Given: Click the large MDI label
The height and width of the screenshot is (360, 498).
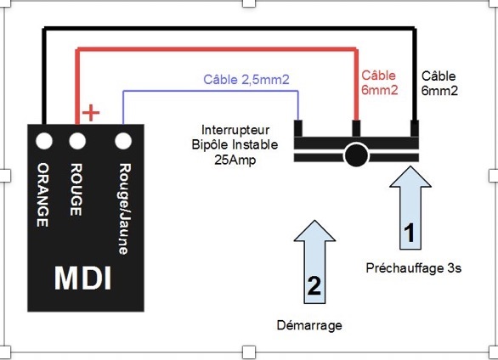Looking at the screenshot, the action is (x=83, y=278).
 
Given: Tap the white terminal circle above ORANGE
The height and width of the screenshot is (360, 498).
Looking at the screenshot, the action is (x=44, y=141).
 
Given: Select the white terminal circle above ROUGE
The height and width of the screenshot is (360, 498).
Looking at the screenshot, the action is (x=77, y=141).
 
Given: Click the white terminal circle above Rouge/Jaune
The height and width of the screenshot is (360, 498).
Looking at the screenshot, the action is (x=123, y=141).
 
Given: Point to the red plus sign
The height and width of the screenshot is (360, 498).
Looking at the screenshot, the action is (x=91, y=113).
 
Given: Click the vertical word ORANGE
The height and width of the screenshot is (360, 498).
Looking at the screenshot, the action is (x=42, y=195).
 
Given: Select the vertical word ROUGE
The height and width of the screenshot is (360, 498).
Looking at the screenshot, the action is (x=76, y=189).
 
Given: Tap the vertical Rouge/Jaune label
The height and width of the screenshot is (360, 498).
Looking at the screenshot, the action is (x=124, y=209).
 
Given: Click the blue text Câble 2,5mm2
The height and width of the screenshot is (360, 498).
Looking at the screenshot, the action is (x=246, y=80).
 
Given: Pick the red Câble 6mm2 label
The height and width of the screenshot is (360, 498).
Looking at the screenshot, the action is (x=379, y=83).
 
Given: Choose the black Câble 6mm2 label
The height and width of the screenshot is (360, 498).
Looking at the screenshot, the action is (x=439, y=83).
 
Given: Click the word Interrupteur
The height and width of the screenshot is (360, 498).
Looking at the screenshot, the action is (x=235, y=130).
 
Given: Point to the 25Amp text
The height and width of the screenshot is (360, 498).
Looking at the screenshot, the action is (x=235, y=160).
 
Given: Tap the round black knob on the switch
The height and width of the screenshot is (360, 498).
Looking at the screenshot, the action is (x=356, y=155).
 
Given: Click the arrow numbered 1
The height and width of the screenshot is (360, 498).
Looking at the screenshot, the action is (x=410, y=208).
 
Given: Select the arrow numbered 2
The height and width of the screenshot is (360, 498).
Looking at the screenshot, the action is (x=314, y=262).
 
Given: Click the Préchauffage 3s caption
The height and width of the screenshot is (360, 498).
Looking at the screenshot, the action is (x=414, y=268).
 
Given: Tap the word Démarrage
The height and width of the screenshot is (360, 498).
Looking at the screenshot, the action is (x=309, y=325).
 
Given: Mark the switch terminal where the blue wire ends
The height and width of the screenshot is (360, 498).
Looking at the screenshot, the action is (x=298, y=128).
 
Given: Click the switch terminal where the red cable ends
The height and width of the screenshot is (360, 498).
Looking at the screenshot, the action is (x=356, y=128).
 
